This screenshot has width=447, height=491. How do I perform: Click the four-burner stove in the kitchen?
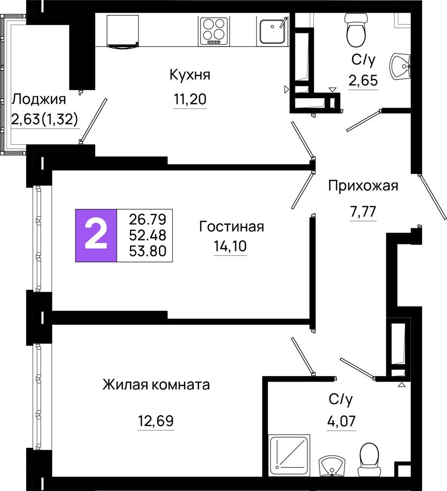[214, 30]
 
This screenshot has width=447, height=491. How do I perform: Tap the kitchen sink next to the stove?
[272, 30]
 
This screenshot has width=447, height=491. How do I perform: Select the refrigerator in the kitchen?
[122, 30]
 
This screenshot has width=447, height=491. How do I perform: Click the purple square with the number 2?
[96, 235]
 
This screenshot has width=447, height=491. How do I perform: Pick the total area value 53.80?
[148, 251]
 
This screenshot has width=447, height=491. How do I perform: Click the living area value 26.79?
[148, 219]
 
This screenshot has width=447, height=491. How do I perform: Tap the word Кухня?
[190, 75]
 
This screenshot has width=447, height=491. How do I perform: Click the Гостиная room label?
[231, 226]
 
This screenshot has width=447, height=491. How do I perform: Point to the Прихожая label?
[363, 186]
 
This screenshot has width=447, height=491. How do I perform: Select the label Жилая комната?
[156, 384]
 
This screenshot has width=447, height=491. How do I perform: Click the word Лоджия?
[39, 100]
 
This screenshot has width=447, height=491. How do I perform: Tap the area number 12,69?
[156, 421]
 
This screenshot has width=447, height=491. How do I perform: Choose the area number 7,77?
[363, 212]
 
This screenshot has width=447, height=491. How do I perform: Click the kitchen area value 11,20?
[190, 99]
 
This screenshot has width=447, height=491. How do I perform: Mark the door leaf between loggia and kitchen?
[93, 121]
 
